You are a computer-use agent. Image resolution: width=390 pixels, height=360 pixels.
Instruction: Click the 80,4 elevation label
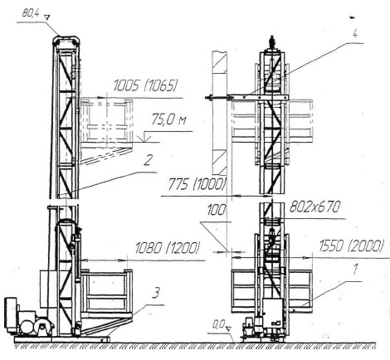(x=30, y=13)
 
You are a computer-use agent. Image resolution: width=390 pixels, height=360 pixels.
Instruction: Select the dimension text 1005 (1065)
(x=145, y=86)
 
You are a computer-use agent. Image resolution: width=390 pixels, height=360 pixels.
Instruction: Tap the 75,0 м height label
(x=168, y=119)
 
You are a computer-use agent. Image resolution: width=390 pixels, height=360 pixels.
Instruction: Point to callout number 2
(x=148, y=160)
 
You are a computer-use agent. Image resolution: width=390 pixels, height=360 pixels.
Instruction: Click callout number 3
(x=156, y=293)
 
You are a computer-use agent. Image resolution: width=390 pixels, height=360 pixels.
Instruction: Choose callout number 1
(x=355, y=270)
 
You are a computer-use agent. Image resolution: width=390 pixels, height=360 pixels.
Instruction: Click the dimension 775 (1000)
(x=196, y=184)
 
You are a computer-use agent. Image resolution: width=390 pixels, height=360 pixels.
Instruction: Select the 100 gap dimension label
(x=217, y=210)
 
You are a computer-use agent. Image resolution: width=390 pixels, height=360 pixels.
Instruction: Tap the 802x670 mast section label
(x=314, y=207)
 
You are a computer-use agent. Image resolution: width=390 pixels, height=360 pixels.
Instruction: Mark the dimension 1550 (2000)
(x=352, y=246)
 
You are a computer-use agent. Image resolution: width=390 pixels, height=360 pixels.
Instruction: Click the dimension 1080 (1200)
(x=167, y=248)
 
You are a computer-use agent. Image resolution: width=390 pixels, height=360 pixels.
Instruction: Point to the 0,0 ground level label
(x=219, y=325)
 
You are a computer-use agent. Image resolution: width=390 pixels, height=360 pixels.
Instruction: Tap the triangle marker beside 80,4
(x=47, y=17)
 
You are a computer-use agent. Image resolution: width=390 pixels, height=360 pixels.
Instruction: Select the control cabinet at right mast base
(x=272, y=313)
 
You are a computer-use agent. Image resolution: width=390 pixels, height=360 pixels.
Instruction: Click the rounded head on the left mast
(x=66, y=40)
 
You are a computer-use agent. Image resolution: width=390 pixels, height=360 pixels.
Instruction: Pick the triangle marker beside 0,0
(x=228, y=328)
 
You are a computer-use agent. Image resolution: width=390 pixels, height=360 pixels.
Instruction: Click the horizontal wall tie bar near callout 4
(x=246, y=97)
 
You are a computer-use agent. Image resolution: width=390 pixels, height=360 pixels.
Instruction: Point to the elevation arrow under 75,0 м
(x=146, y=138)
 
